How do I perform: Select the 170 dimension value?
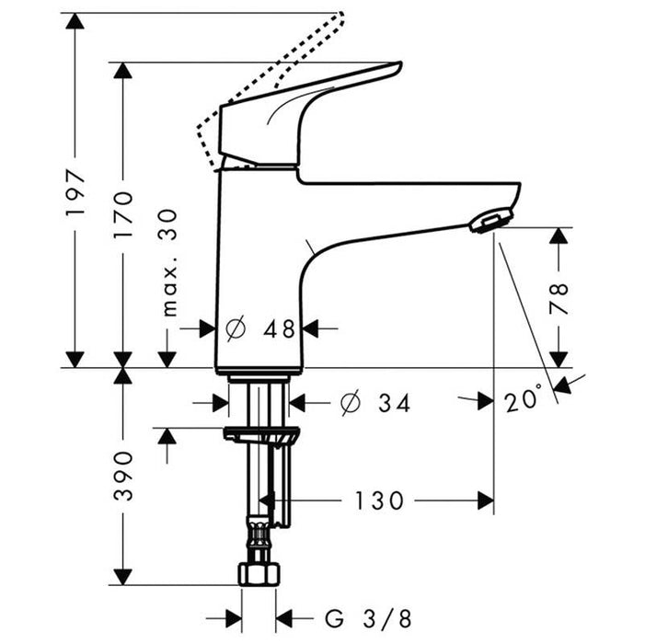point(123,215)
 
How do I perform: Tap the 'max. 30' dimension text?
point(168,262)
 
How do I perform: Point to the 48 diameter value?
point(276,328)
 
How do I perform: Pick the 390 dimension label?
point(123,476)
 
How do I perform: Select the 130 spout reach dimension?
point(378,500)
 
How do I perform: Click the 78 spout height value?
point(559,299)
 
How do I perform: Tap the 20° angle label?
point(524,401)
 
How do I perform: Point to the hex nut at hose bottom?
point(258,573)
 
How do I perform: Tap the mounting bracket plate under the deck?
point(261,434)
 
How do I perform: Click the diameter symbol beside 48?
point(235,328)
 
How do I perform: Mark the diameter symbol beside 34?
point(351,403)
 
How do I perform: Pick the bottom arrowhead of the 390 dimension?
point(122,576)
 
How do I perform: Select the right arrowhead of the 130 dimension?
point(484,500)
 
